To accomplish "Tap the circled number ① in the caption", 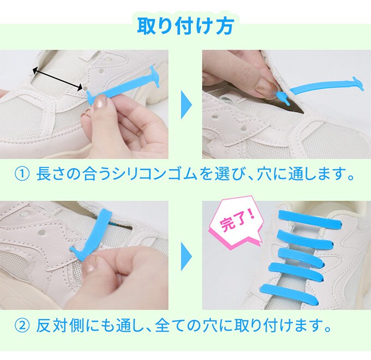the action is point(22,175).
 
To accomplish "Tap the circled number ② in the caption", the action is point(22,326).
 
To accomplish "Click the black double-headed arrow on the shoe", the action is point(57,79).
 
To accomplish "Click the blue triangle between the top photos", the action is point(186,105).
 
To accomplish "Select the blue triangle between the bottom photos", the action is point(186,256).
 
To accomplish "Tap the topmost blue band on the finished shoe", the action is point(310,219).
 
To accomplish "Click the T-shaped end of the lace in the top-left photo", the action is point(154,76).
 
